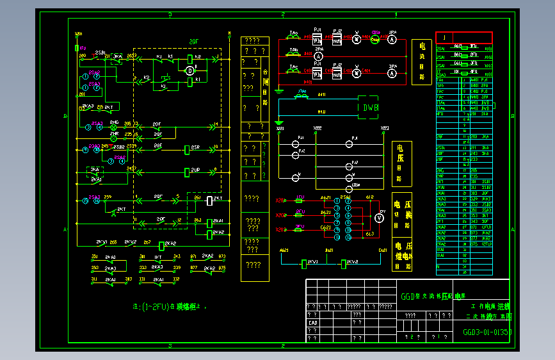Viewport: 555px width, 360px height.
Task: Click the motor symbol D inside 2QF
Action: [x=189, y=70]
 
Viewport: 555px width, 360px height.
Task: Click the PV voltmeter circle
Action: [x=378, y=218]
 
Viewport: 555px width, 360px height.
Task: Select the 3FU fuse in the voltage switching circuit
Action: [x=300, y=228]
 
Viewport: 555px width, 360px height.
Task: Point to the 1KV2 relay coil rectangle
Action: [x=344, y=263]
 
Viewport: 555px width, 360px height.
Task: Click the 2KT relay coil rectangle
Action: [x=209, y=200]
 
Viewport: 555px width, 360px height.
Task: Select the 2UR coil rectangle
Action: [x=186, y=172]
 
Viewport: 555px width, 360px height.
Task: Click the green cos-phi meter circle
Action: [x=375, y=39]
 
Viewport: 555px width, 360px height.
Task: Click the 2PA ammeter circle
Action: [x=318, y=56]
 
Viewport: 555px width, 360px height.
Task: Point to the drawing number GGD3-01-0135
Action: [x=487, y=332]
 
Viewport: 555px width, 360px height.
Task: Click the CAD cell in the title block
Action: [x=313, y=323]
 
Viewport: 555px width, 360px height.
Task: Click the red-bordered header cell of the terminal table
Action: [x=464, y=37]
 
